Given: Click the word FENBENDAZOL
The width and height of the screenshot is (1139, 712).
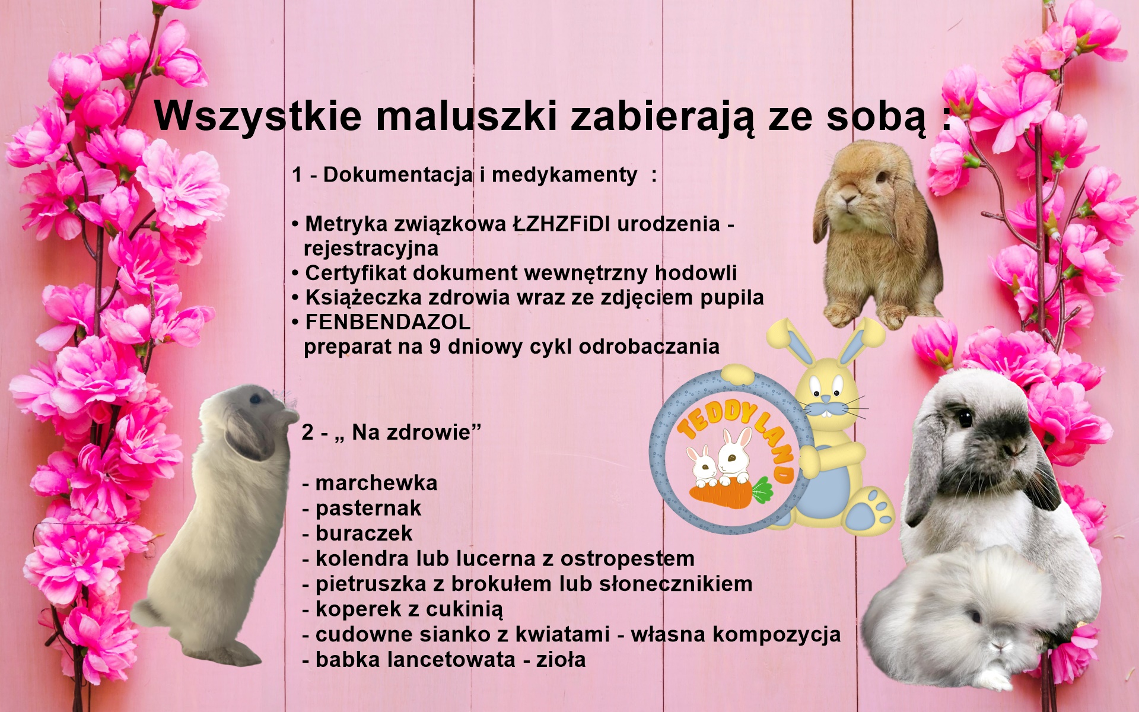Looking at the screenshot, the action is tap(387, 322).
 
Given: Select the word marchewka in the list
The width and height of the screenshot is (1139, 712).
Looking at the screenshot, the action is tap(376, 483).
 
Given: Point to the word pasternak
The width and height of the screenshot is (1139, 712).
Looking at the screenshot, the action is tap(368, 508).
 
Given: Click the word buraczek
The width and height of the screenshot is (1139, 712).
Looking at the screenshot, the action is tap(364, 533).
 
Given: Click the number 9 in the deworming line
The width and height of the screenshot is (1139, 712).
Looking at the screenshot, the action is tap(435, 347).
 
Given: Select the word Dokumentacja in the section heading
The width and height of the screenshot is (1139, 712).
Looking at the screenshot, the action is tap(397, 174).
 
